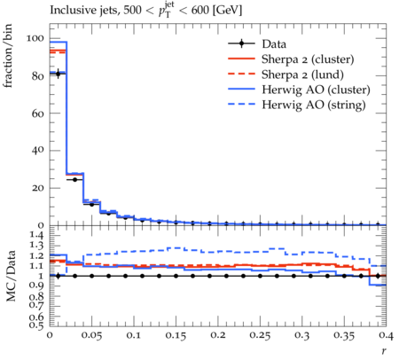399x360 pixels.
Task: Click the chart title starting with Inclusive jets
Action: click(x=145, y=11)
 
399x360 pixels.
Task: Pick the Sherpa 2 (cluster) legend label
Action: click(x=308, y=59)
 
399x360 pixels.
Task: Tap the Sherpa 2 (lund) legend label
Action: click(x=302, y=74)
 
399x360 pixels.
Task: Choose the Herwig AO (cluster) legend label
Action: click(x=316, y=90)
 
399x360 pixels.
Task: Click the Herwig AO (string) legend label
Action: click(x=314, y=105)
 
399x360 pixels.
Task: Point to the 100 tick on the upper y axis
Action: click(x=35, y=38)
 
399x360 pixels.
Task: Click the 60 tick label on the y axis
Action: click(x=38, y=113)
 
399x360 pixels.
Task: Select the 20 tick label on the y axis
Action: click(x=38, y=188)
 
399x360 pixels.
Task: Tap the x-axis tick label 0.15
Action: click(x=176, y=335)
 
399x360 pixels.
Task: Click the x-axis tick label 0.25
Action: click(x=260, y=335)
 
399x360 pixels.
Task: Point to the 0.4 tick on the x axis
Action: click(x=387, y=335)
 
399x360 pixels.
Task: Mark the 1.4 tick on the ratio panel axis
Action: click(x=36, y=235)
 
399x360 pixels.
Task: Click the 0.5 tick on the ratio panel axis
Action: click(x=36, y=325)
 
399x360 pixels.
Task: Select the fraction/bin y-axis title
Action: click(x=8, y=56)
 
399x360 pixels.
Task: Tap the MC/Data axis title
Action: click(x=11, y=276)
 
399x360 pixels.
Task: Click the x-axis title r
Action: click(x=384, y=351)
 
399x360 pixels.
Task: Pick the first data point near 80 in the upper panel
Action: click(x=58, y=74)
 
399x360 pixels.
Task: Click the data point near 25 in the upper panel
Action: click(x=74, y=179)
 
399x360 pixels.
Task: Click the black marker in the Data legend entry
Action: click(x=241, y=43)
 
